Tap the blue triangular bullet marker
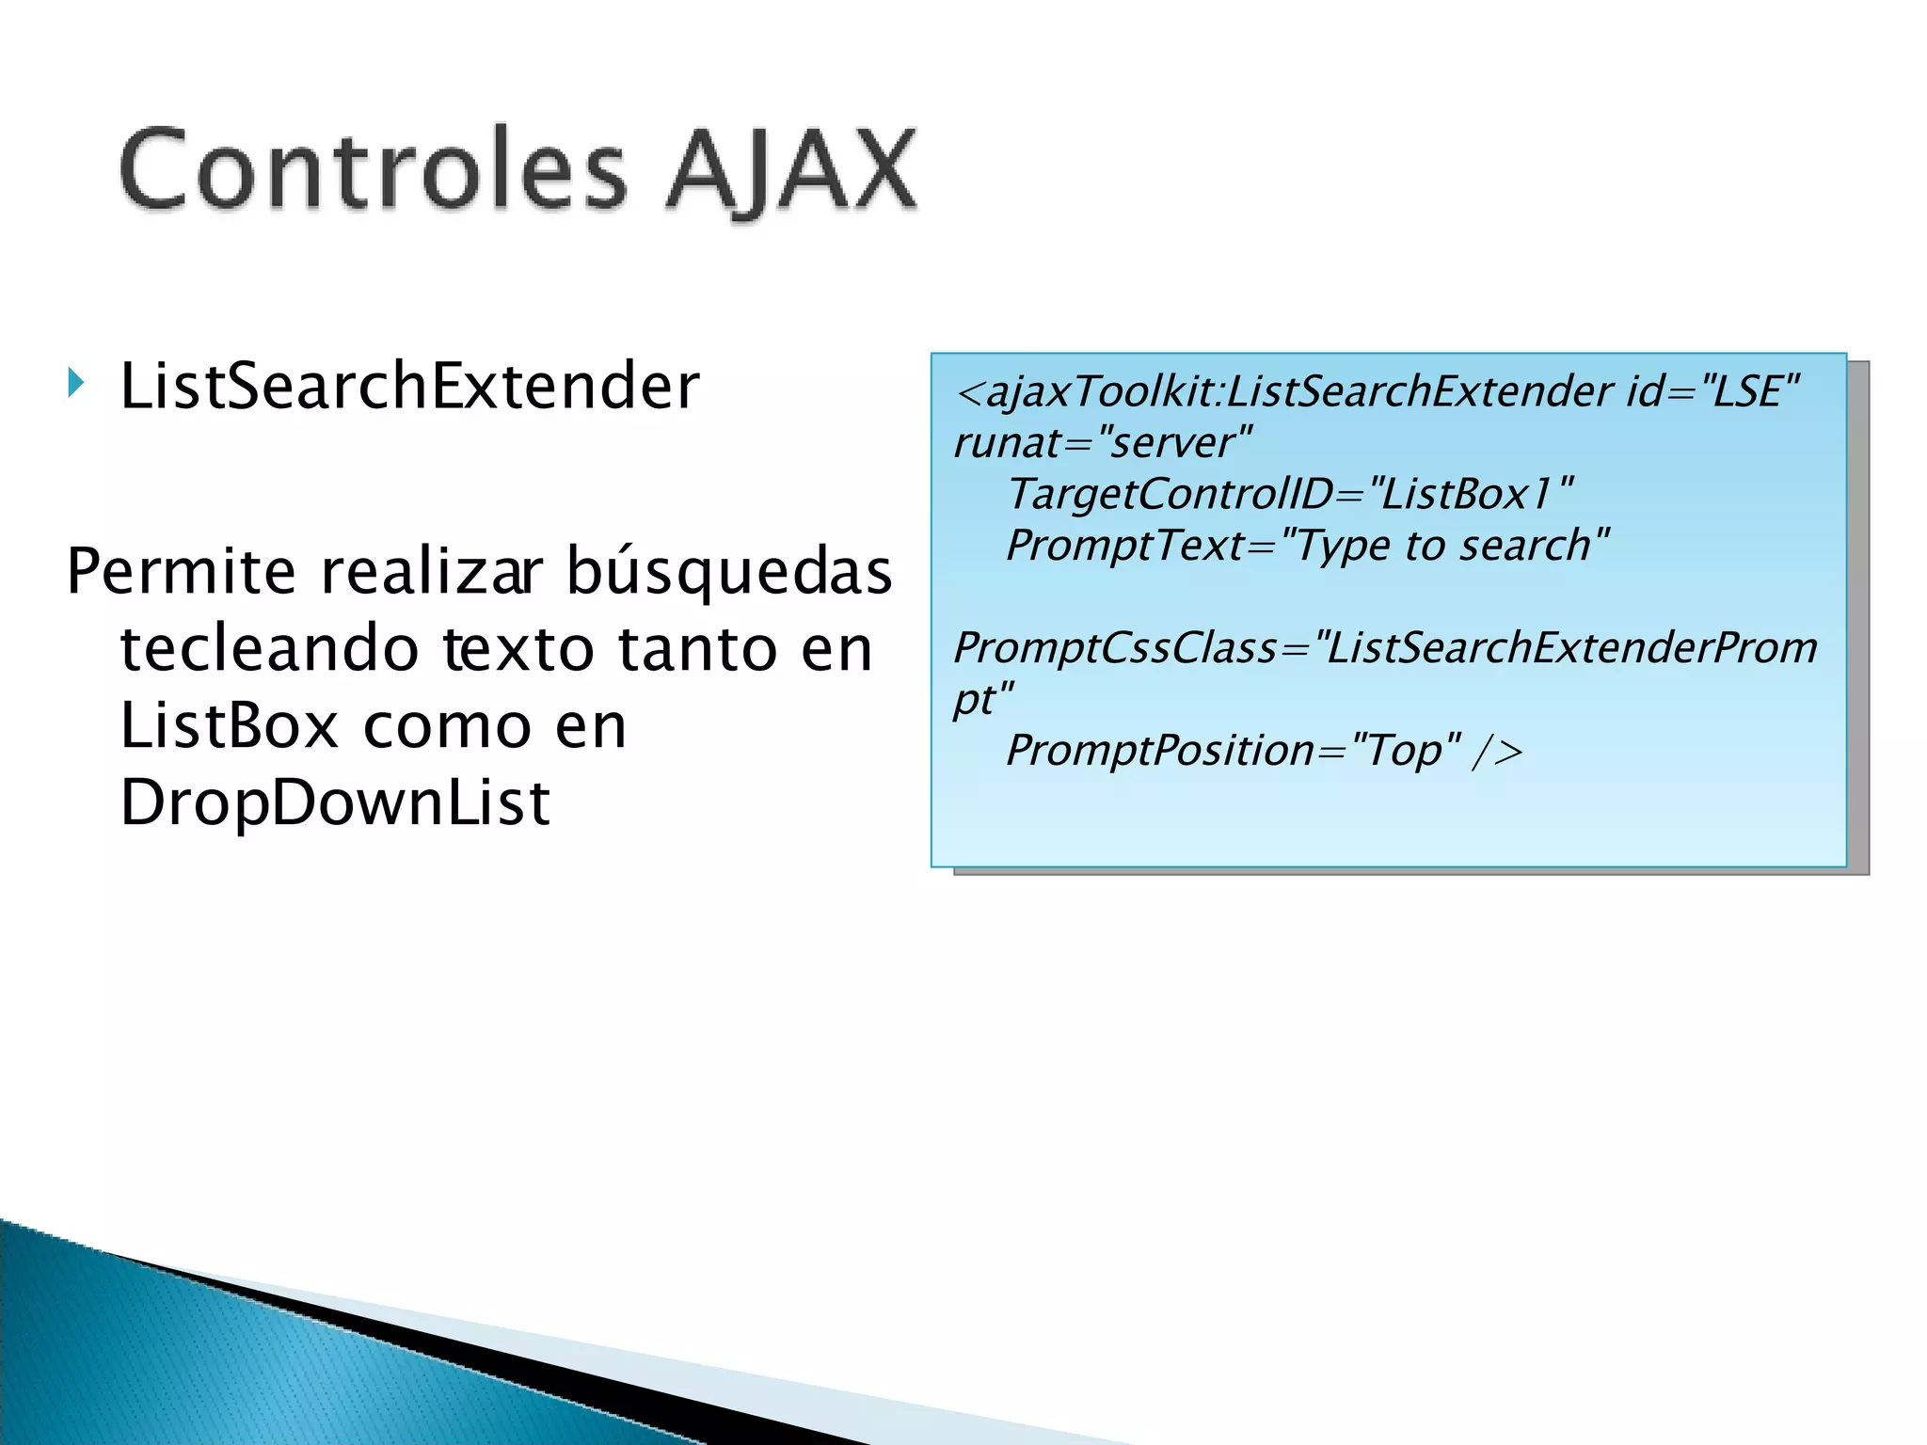coord(76,384)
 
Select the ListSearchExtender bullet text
coord(409,387)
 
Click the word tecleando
coord(269,649)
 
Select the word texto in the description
coord(518,649)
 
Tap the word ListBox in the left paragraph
coord(229,726)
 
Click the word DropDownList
coord(335,803)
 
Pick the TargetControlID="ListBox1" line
coord(1289,494)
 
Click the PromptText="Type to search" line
coord(1308,546)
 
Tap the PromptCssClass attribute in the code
coord(1115,648)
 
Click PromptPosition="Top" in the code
coord(1233,751)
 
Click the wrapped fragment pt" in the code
coord(982,700)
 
